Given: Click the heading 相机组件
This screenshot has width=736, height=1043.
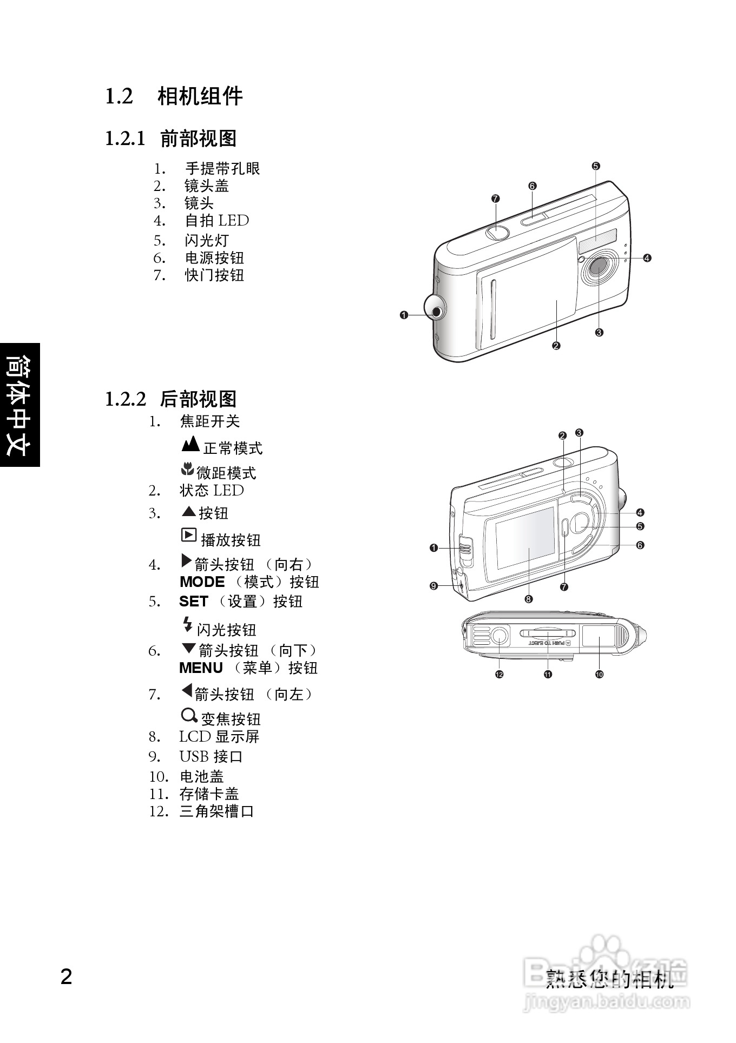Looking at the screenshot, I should [200, 97].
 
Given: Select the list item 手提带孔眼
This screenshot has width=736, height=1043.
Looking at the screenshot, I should [222, 169].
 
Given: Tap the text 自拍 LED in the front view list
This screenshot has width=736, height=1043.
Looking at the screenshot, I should [216, 221].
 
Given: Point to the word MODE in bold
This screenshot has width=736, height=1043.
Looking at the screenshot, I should [202, 582].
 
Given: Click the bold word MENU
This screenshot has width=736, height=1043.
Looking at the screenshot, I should [201, 668].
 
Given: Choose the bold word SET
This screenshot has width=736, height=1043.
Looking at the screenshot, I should [193, 602].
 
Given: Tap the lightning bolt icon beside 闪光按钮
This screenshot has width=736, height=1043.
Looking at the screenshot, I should [187, 625].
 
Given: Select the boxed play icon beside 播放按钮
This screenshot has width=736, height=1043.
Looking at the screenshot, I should [188, 535].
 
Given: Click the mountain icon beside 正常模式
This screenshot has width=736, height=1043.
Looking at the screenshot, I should [190, 445].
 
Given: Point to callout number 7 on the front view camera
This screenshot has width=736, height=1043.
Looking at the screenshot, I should [495, 199].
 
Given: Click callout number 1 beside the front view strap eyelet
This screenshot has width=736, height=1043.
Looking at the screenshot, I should [404, 315].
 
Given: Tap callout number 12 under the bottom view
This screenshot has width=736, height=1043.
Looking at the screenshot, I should [499, 674].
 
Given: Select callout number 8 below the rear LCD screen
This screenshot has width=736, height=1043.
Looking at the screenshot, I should [528, 599].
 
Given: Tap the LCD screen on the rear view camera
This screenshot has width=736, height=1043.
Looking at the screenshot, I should [525, 538].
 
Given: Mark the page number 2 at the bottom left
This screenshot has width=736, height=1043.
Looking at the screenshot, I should [66, 978].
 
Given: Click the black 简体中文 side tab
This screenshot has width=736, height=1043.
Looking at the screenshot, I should [19, 405].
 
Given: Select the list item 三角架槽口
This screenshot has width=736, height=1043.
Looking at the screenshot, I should [216, 811].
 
